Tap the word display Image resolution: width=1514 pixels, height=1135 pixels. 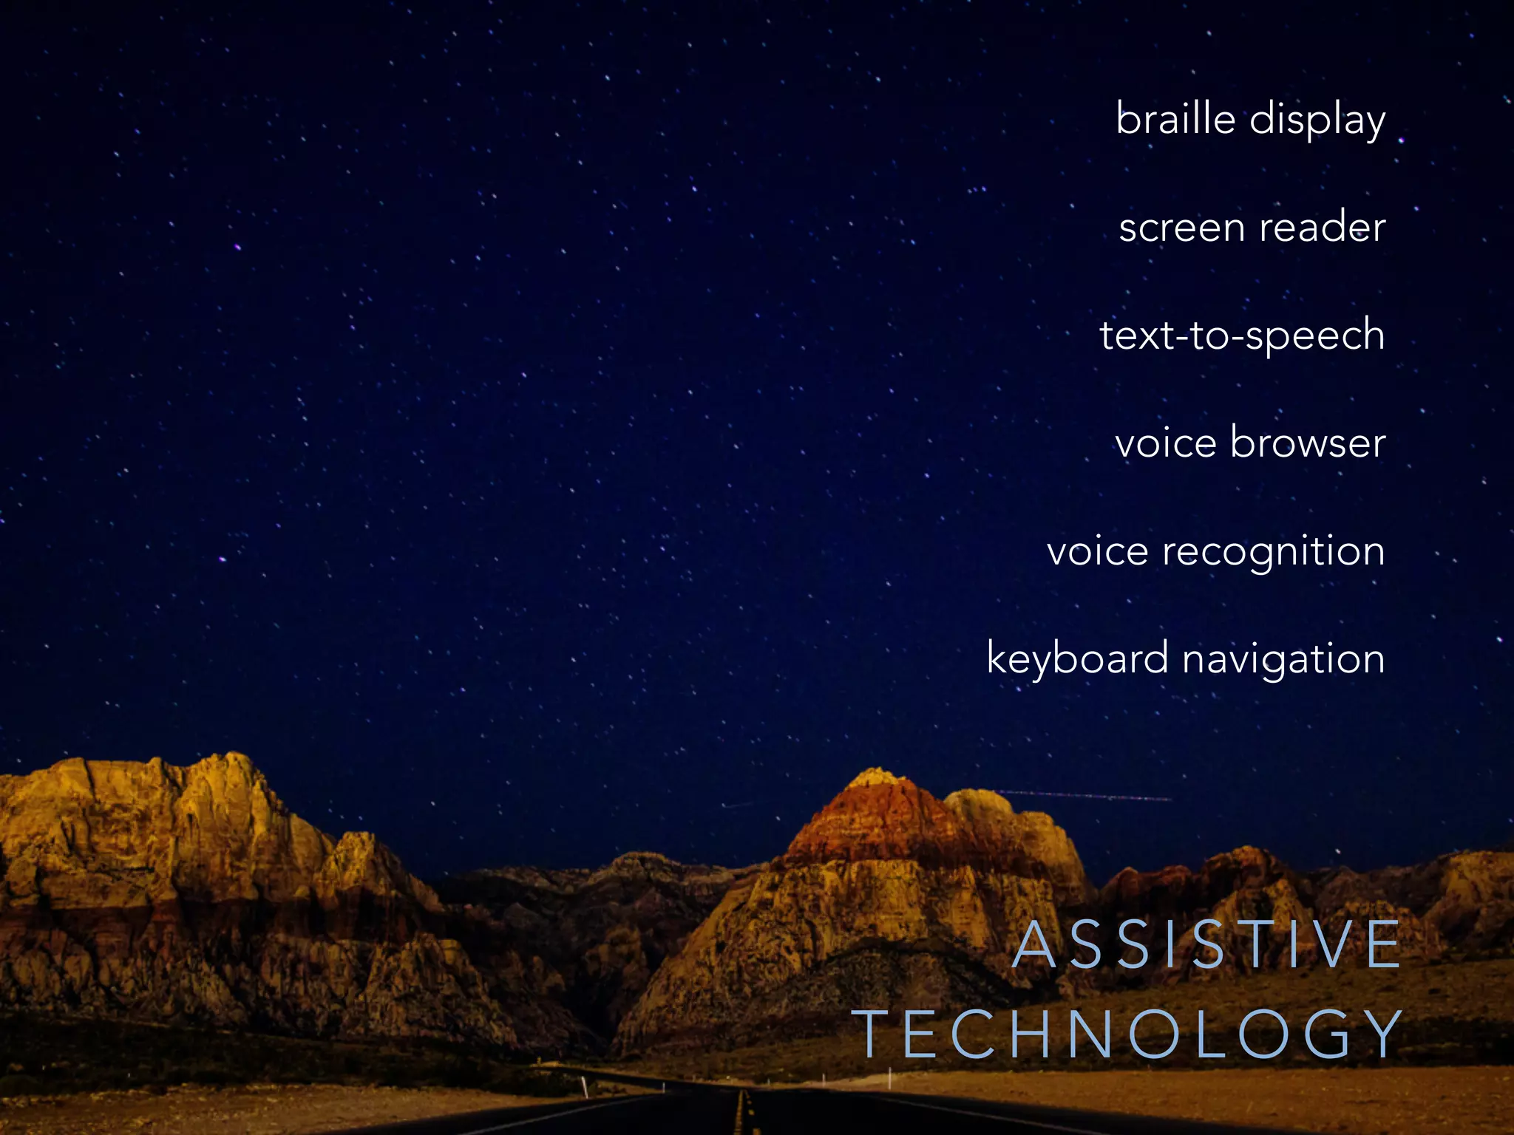[x=1317, y=121]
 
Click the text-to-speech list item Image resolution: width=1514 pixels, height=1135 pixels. [x=1242, y=335]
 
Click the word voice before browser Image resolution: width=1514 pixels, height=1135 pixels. [x=1165, y=443]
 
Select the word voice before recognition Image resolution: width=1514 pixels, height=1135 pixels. [x=1097, y=551]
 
